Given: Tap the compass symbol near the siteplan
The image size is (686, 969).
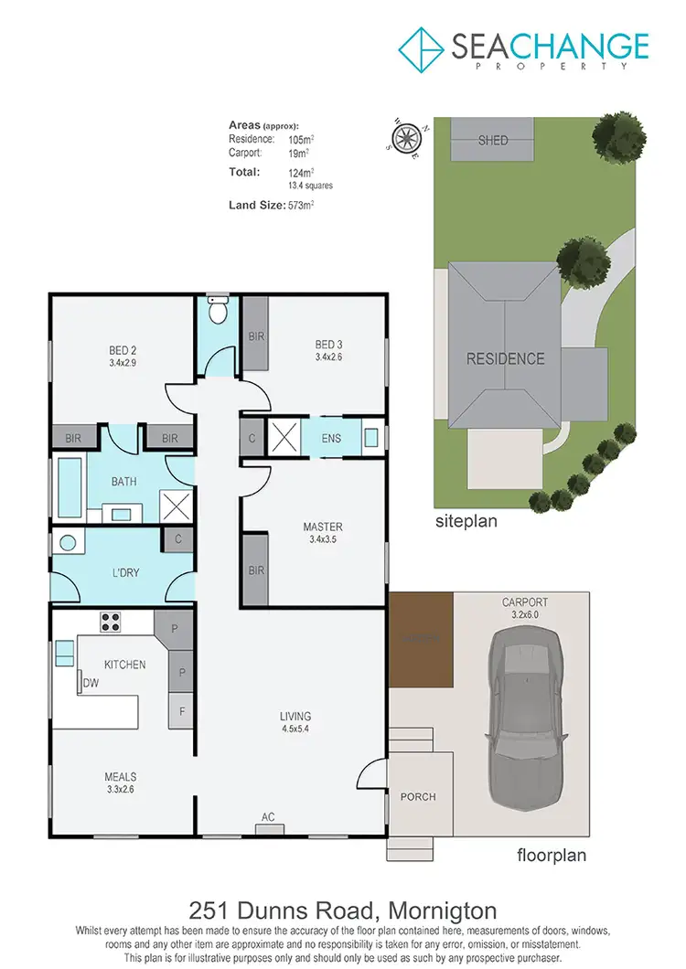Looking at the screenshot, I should pos(403,139).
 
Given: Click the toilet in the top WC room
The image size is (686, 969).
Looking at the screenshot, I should pos(217,311).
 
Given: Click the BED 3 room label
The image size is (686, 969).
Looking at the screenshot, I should pos(327,345).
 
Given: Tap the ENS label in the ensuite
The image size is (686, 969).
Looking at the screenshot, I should pos(331,438).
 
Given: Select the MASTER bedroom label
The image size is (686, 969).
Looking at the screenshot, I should pos(323,527).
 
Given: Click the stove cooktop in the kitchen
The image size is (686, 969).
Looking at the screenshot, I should pos(111,622).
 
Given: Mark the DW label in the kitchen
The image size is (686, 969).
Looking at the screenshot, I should pos(90,683).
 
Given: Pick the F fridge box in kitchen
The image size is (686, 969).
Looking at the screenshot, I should pos(181,710).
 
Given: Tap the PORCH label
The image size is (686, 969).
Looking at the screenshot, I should pos(418,796).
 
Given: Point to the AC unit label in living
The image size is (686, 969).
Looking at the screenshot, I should pos(268,817).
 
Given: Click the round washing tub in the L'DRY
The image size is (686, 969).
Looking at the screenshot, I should pos(68,541).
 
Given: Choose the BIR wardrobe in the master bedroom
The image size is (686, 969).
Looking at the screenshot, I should pos(256,570).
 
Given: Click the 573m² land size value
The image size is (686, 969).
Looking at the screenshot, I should pos(301,206).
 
